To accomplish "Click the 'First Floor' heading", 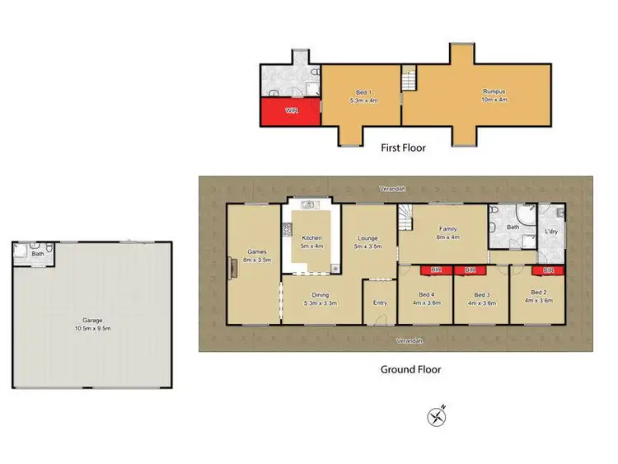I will coord(404,148).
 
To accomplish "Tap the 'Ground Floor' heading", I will coord(410,369).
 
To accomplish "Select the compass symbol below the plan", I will coord(437,416).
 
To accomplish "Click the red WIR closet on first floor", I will coord(290,110).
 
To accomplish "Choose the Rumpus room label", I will coord(493,94).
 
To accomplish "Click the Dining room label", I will coord(321,298).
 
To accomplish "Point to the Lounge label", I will coord(368,241).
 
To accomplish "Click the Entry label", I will coord(380,303).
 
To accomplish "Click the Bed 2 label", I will coord(538,296).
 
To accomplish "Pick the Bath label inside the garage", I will coord(38,255).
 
